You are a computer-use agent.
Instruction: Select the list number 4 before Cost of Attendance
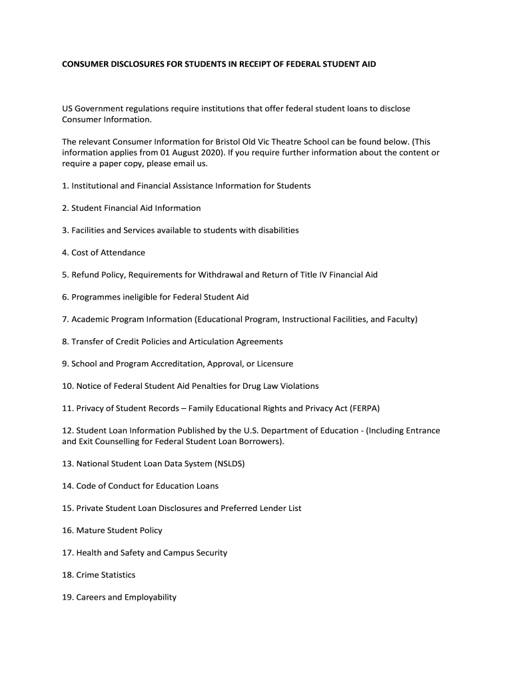click(x=65, y=253)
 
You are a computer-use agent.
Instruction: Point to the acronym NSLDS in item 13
click(x=229, y=464)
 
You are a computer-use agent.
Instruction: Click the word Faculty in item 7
click(x=400, y=319)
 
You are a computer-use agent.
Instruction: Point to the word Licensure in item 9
click(x=273, y=364)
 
